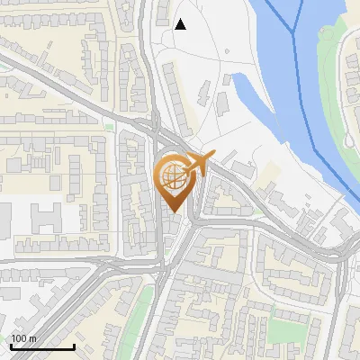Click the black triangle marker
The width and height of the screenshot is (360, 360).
point(180,23)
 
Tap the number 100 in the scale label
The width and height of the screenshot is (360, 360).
point(19,338)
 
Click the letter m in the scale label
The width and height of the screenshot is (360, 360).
point(31,338)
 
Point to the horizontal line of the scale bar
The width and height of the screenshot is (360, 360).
point(42,346)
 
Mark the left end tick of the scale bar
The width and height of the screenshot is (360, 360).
point(11,345)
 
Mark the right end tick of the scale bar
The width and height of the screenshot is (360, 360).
point(74,345)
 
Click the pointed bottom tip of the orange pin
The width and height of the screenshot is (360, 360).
point(172,213)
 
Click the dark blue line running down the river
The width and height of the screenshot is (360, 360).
point(315,108)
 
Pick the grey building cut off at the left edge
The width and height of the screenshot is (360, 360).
point(4,225)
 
